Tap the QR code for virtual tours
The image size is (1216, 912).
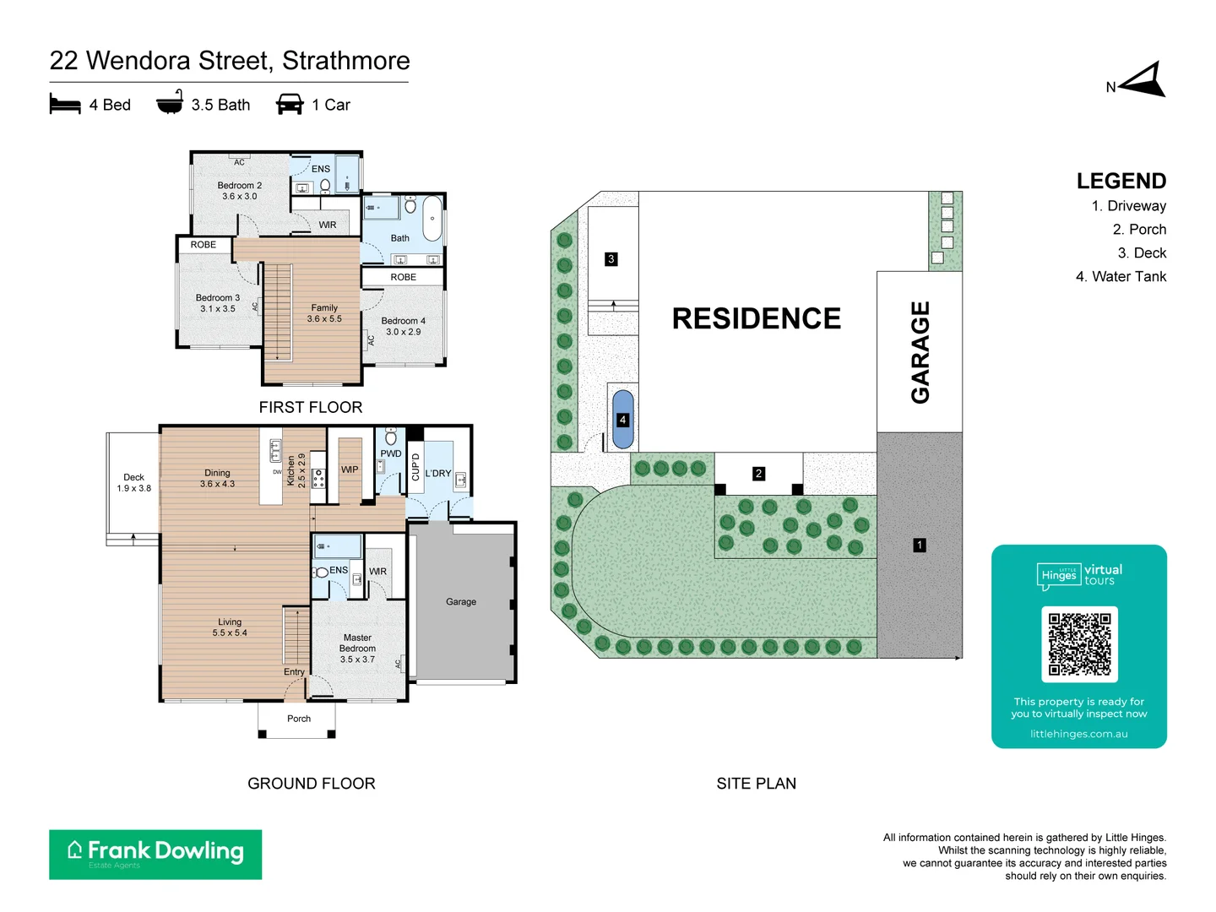(1079, 644)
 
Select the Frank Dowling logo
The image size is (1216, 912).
(155, 854)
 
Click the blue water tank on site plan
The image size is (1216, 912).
(622, 419)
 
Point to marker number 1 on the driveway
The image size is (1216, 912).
(920, 546)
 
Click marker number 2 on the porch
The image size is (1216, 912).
(758, 474)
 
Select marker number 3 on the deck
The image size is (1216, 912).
(611, 259)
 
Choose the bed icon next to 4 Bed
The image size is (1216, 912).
(65, 105)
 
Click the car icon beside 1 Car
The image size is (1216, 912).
(290, 105)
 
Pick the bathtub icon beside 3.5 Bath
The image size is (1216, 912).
(170, 103)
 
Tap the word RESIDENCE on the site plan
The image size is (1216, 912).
(756, 318)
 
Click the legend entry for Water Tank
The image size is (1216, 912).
(1121, 277)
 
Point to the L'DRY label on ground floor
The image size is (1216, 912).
(437, 474)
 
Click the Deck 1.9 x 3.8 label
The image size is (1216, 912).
(133, 483)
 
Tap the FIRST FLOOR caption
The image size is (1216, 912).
(311, 407)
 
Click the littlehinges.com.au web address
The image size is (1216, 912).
(1078, 734)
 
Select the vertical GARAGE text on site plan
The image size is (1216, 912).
(920, 352)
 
